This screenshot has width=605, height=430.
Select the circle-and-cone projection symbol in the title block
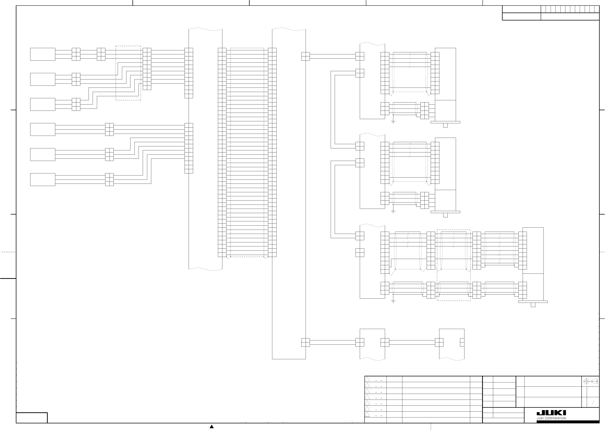590,382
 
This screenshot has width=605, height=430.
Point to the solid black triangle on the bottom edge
211,426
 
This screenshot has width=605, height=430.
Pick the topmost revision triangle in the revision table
367,379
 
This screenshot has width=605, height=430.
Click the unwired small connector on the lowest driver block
360,253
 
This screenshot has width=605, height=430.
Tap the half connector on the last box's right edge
462,342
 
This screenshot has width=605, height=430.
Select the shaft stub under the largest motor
533,305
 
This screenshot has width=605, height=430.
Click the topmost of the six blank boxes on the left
43,54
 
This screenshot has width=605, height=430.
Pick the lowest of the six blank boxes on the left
43,180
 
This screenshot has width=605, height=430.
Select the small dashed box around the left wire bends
128,73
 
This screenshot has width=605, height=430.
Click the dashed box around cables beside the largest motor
453,265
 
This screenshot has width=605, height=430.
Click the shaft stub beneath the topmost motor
445,125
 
